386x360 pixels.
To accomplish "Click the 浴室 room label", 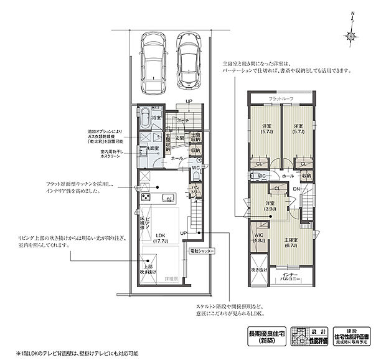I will [x=158, y=117].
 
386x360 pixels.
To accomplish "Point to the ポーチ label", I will [x=182, y=120].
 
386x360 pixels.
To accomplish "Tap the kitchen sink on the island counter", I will [x=167, y=198].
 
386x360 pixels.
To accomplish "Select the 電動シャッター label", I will [x=202, y=250].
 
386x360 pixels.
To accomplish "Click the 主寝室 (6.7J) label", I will [x=289, y=242].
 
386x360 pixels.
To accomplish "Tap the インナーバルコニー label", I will [x=290, y=278].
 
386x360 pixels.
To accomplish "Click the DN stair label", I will [x=297, y=189].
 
